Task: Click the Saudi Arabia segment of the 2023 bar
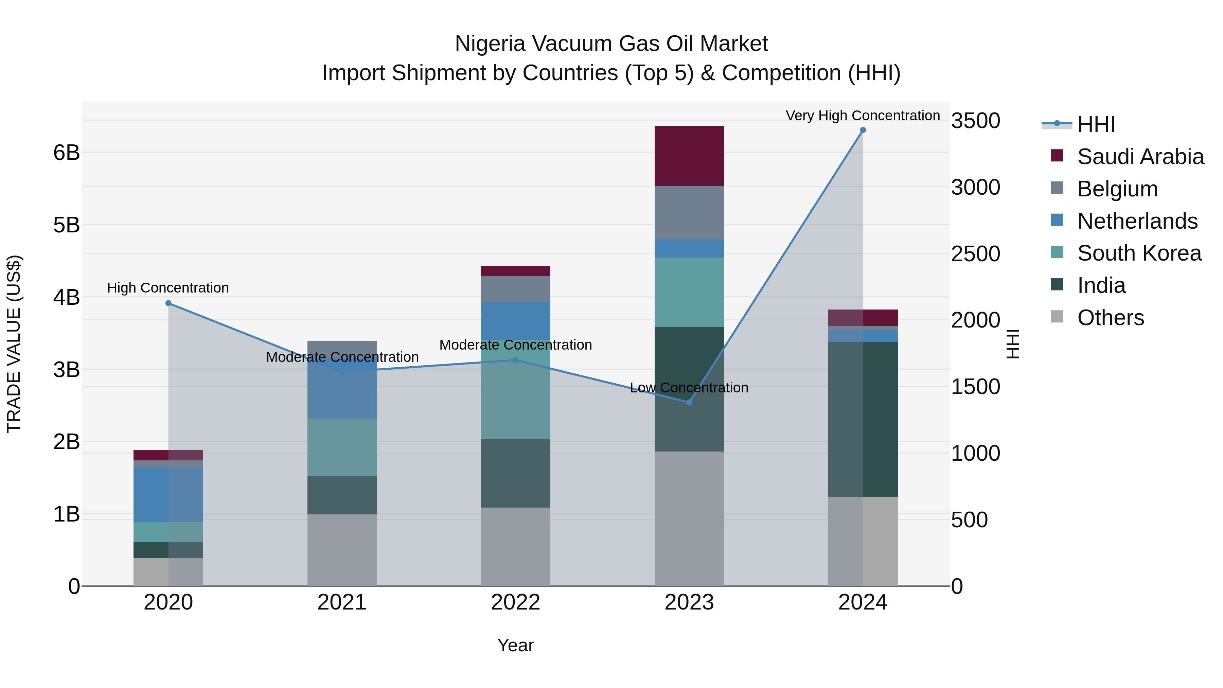coord(689,156)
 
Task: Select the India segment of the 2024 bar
coord(863,419)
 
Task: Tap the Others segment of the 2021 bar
coord(342,550)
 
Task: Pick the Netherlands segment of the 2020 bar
coord(168,494)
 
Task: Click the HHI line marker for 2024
coord(863,130)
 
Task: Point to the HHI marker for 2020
coord(168,303)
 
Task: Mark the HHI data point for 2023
coord(689,402)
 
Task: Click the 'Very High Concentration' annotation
coord(862,116)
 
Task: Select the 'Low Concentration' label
coord(689,387)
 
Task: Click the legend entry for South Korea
coord(1138,253)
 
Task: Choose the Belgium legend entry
coord(1117,189)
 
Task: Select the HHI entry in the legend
coord(1096,124)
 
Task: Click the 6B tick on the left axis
coord(67,153)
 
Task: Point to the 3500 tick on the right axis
coord(975,121)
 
